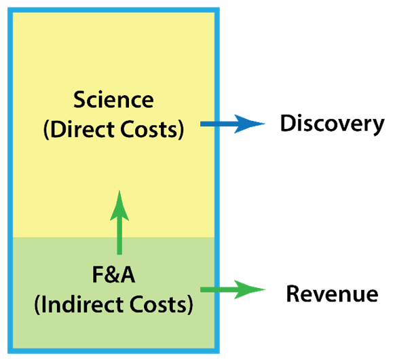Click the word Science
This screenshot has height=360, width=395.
tap(113, 100)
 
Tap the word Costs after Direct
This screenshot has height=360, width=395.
tap(149, 129)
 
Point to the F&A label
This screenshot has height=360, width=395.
tap(113, 274)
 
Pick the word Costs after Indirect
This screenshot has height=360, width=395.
tap(158, 304)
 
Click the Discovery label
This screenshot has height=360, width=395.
tap(333, 124)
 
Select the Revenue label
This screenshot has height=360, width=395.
tap(333, 293)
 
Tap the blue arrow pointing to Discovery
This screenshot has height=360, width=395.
tap(233, 124)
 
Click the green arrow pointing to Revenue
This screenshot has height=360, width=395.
tap(233, 289)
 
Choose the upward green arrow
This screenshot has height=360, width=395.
tap(119, 222)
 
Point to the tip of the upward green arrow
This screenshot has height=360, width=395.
tap(119, 190)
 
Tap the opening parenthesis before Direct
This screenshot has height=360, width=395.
tap(46, 130)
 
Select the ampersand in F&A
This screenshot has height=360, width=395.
tap(113, 274)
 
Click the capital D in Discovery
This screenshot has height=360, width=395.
tap(288, 123)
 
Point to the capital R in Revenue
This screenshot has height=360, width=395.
tap(293, 293)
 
